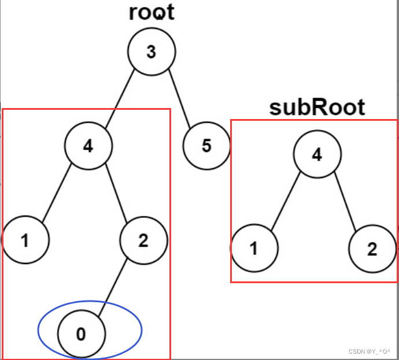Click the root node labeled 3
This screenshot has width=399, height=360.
tap(152, 52)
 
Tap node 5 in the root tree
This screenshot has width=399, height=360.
tap(206, 145)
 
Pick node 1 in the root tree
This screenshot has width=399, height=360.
tap(25, 240)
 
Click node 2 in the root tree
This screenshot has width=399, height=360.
tap(143, 240)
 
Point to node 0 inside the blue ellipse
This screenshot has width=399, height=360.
tap(82, 334)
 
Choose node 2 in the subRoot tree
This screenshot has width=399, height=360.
tap(372, 249)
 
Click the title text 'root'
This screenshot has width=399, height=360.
tap(152, 13)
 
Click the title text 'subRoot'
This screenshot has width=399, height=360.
tap(317, 107)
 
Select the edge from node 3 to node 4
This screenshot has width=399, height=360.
tap(119, 98)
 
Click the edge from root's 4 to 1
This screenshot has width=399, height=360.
tap(56, 192)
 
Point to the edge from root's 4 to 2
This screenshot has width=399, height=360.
tap(116, 192)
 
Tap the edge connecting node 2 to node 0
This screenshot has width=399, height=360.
tap(113, 287)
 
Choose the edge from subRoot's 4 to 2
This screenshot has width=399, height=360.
tap(345, 202)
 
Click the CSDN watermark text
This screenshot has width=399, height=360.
tap(371, 351)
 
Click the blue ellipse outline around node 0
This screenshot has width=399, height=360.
tap(141, 331)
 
